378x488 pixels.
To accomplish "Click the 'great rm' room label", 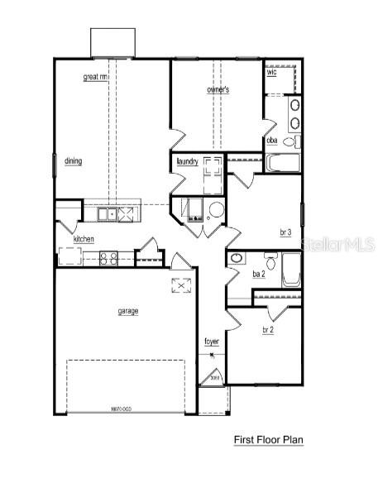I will coord(96,77).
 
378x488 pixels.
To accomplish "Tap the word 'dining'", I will coord(71,161).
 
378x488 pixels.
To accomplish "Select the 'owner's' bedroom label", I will coord(218,89).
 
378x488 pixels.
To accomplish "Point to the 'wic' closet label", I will coord(271,73).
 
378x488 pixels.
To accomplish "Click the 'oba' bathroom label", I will coord(271,141).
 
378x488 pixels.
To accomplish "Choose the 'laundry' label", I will coord(187,161).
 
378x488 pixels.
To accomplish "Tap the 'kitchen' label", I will coord(84,239).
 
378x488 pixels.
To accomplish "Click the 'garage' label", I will coord(127,311).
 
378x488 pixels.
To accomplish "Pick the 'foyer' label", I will coord(212,341).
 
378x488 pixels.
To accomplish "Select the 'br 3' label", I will coord(285,233).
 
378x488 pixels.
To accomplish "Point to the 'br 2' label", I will coord(268,330).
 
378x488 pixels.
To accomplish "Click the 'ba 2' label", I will coord(257,274).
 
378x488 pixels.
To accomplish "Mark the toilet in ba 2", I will coord(236,258).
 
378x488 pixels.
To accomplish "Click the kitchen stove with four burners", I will coord(108,258).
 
